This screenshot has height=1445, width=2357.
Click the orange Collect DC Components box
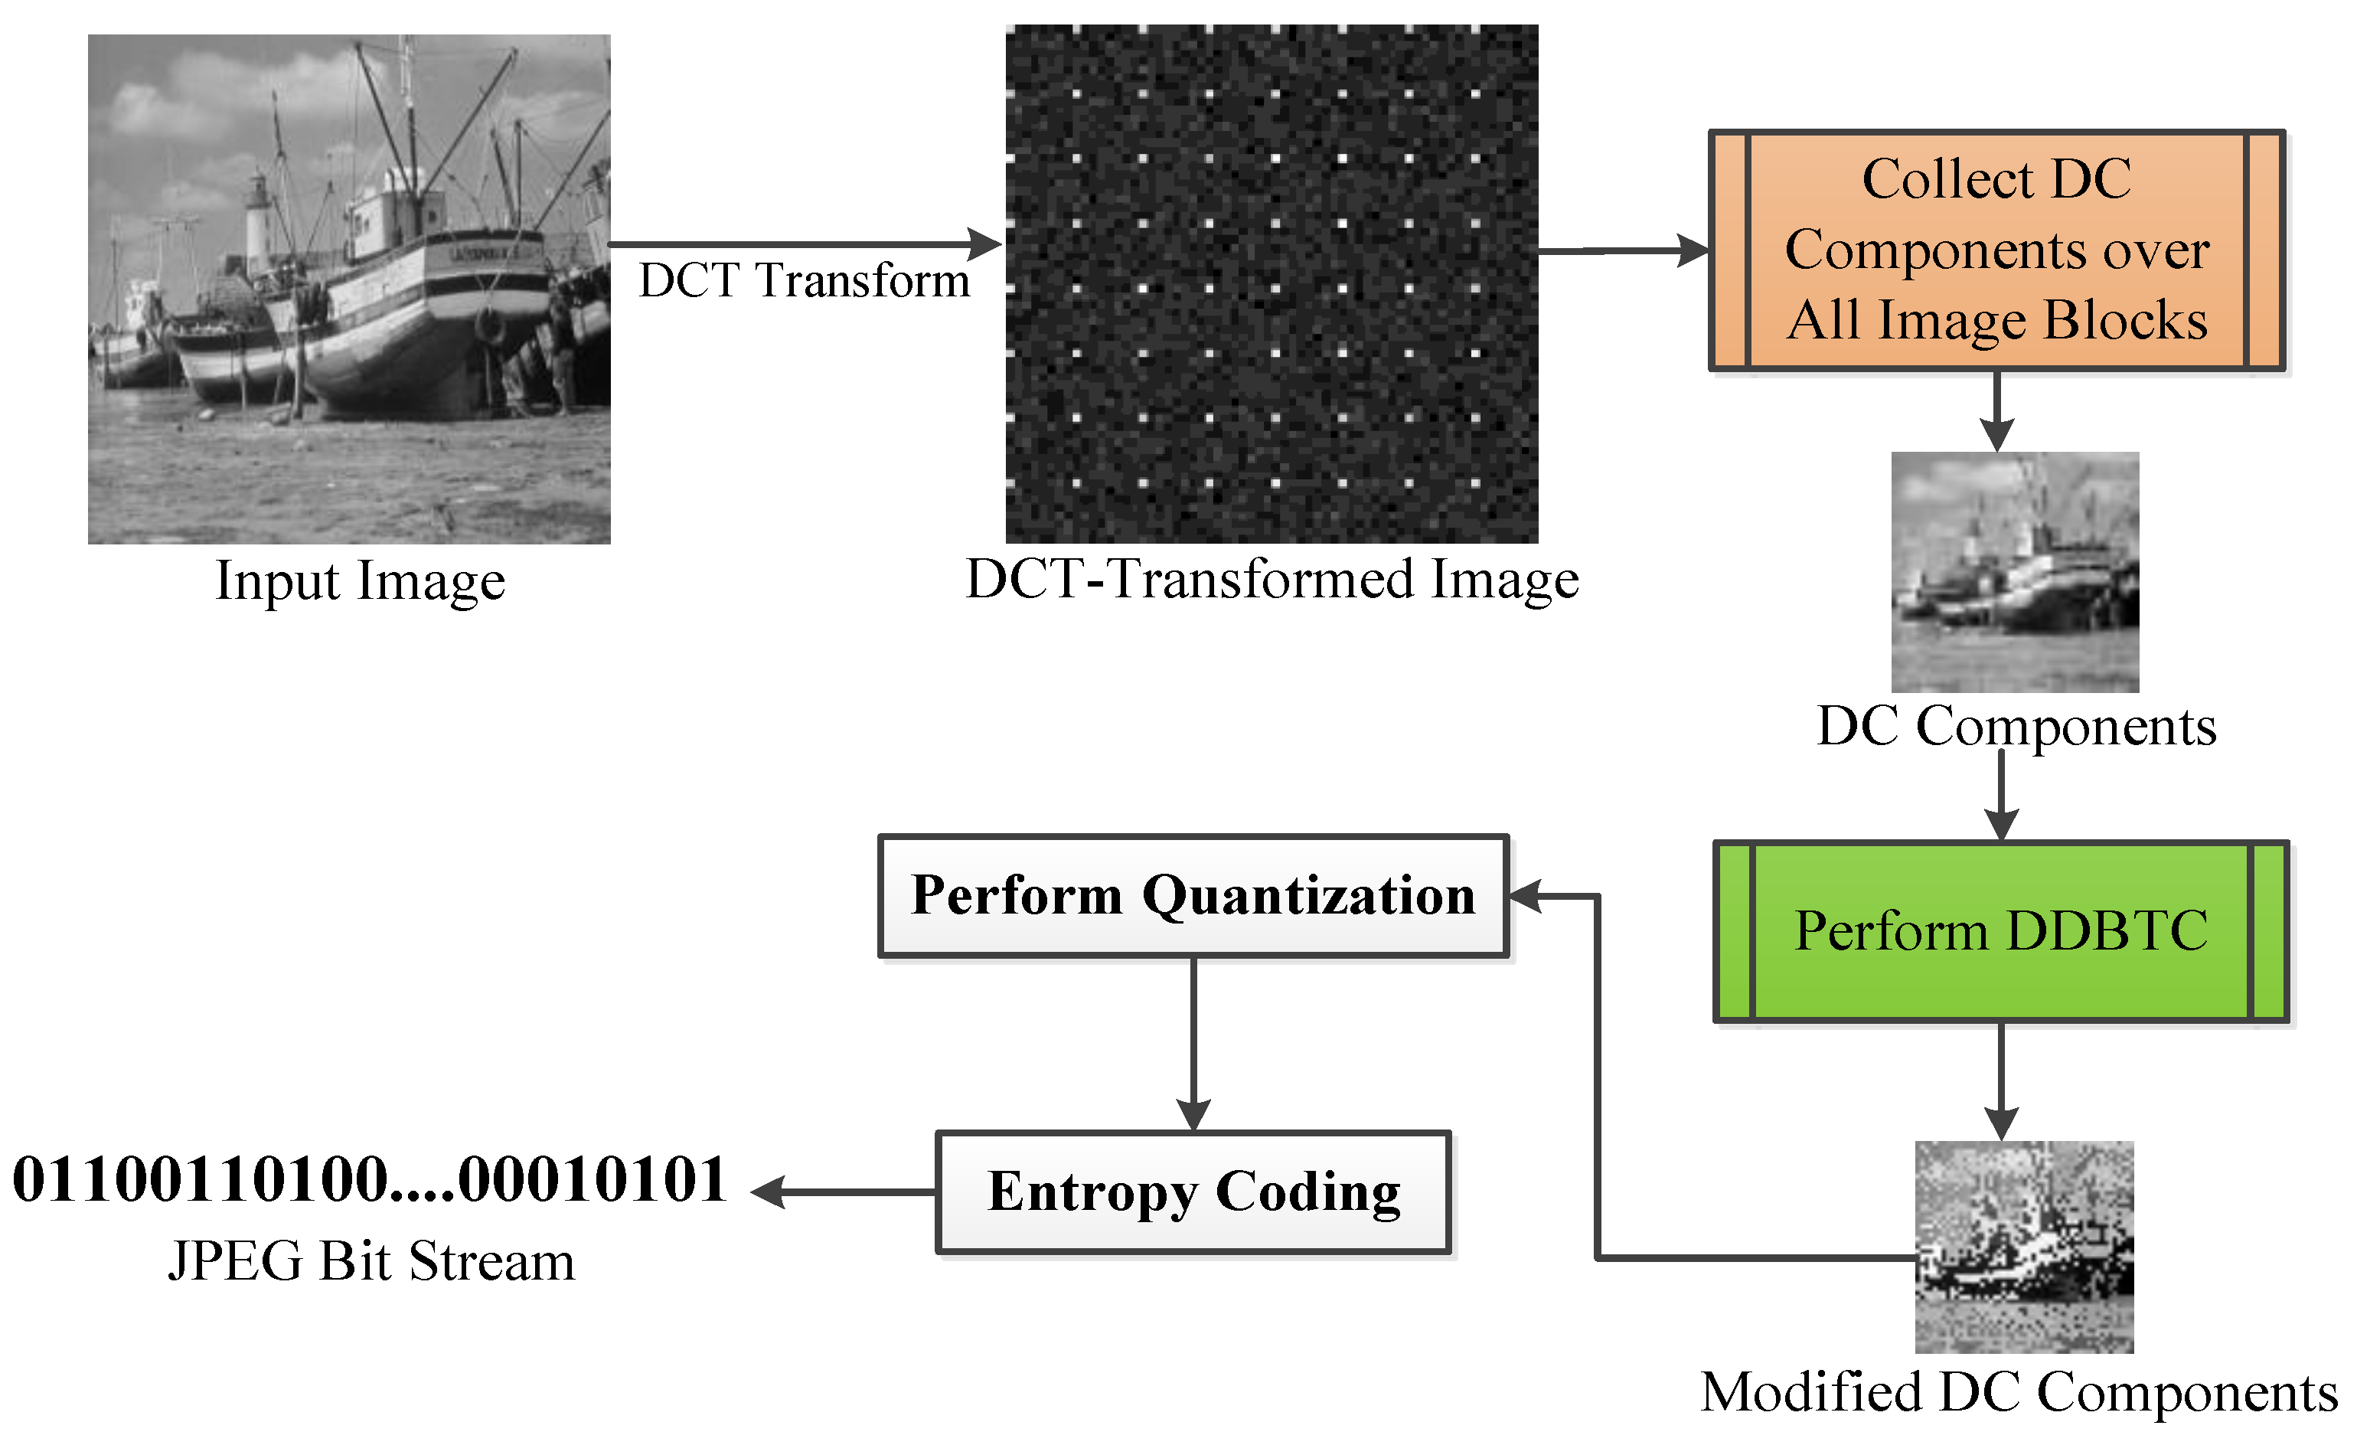pyautogui.click(x=1996, y=250)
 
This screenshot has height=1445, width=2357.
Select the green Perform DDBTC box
pyautogui.click(x=2000, y=931)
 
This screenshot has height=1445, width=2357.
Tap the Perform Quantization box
pyautogui.click(x=1193, y=896)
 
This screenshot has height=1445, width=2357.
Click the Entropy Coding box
pyautogui.click(x=1193, y=1192)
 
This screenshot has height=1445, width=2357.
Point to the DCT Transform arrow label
pyautogui.click(x=804, y=281)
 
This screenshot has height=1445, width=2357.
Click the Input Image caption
pyautogui.click(x=360, y=581)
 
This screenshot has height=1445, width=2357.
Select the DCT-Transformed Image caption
pyautogui.click(x=1272, y=579)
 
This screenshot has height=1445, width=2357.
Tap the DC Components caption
pyautogui.click(x=2016, y=726)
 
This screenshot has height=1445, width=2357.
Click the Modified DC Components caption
pyautogui.click(x=2019, y=1392)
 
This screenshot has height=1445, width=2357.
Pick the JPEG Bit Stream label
pyautogui.click(x=371, y=1261)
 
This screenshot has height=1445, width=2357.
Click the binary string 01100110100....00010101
pyautogui.click(x=369, y=1179)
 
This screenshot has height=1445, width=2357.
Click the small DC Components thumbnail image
pyautogui.click(x=2015, y=571)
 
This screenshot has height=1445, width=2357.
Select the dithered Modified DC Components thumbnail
pyautogui.click(x=2023, y=1246)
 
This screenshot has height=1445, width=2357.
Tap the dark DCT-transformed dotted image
pyautogui.click(x=1272, y=283)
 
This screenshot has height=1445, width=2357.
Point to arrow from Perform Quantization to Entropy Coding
pyautogui.click(x=1193, y=1043)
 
